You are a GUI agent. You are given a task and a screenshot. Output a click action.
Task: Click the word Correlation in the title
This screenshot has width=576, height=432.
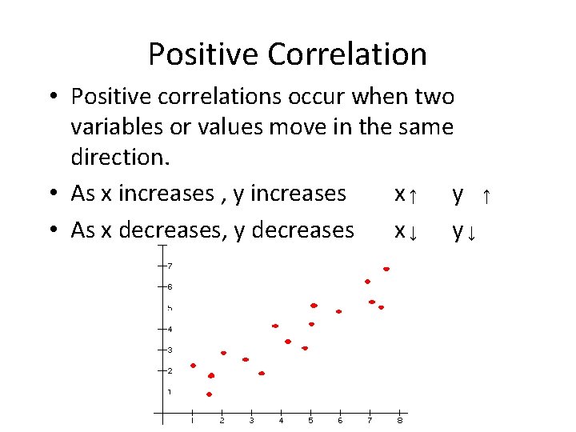pos(347,54)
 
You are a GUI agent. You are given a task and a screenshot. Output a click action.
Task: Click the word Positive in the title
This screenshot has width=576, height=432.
pos(204,54)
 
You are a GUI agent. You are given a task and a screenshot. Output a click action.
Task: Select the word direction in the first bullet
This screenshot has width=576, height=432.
pos(120,156)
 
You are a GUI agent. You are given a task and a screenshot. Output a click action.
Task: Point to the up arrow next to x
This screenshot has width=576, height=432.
pos(412,194)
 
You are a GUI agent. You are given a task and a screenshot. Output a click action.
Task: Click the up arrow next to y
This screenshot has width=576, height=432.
pos(486,194)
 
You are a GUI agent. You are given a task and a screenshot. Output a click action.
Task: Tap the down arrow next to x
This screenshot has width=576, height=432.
pos(412,232)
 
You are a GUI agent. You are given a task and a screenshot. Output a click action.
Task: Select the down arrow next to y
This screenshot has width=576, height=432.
pos(473,232)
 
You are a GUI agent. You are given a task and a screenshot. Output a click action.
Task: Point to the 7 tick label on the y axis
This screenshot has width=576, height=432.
pos(170,266)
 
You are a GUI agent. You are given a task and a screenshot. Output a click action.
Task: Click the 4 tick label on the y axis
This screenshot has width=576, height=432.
pos(170,329)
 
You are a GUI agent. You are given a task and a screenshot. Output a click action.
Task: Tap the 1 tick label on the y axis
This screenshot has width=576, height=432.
pos(170,391)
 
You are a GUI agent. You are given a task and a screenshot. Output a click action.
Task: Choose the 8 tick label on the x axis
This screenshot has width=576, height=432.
pos(400,421)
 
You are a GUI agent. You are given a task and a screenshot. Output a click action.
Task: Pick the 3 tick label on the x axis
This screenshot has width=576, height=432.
pos(251,421)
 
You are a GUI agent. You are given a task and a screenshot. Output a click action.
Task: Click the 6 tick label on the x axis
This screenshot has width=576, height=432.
pos(340,421)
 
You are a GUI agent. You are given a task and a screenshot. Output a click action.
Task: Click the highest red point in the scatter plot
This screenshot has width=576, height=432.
pos(386,270)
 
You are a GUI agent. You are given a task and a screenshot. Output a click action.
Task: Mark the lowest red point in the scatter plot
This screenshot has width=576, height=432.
pos(209,394)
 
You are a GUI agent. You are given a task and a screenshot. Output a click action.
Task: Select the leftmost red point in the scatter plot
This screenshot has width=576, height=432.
pos(193,366)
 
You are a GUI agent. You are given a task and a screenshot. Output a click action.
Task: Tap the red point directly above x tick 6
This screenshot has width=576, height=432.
pos(339,311)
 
